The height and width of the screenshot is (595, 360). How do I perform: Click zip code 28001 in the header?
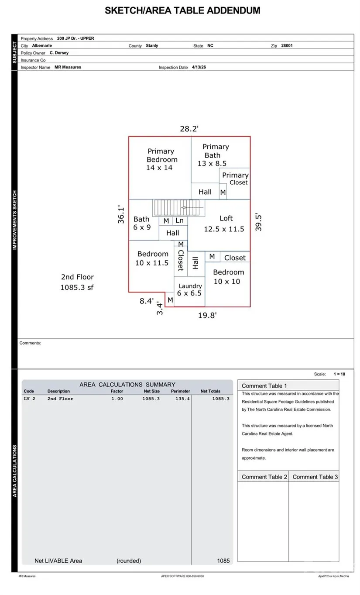pos(284,45)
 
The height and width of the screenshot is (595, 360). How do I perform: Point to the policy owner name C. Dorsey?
pos(58,52)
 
